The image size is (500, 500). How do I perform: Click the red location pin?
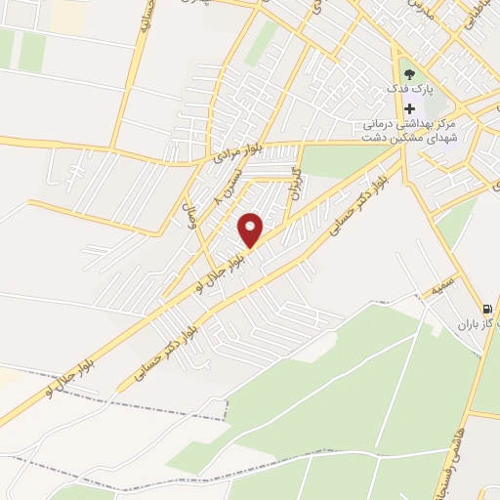pos(251,229)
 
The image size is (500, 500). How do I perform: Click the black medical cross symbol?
pos(409,109)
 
